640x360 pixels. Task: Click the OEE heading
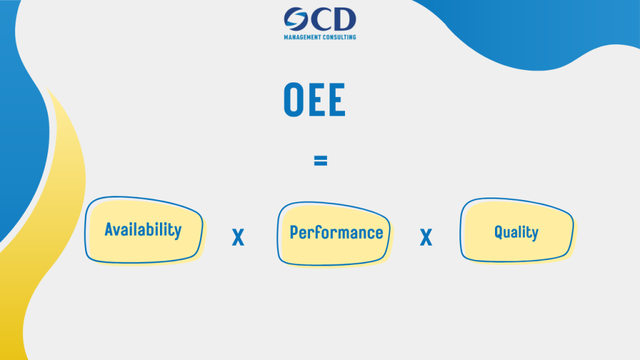[x=314, y=99]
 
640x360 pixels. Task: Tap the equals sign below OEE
[x=321, y=161]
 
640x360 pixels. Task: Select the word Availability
[x=143, y=230]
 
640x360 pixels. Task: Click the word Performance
[x=336, y=232]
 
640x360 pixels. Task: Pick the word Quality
[x=516, y=232]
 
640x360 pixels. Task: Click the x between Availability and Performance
[x=238, y=237]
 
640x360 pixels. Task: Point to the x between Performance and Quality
[x=426, y=237]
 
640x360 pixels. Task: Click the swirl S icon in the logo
[x=296, y=19]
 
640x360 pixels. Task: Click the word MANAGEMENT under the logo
[x=302, y=37]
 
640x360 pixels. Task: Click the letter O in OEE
[x=292, y=99]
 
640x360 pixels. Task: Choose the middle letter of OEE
[x=316, y=99]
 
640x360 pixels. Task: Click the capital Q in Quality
[x=499, y=232]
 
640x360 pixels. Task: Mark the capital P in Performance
[x=294, y=232]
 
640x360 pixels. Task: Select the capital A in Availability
[x=109, y=229]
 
